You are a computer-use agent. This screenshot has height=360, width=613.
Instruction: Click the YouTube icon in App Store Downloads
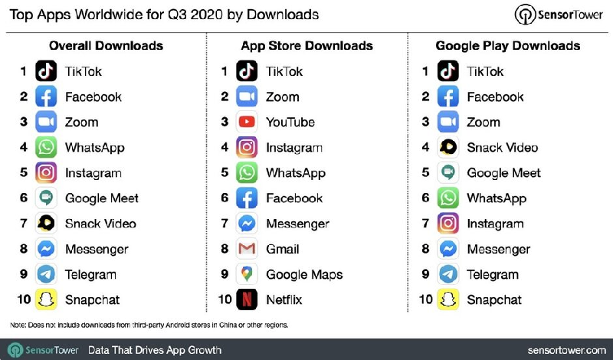(x=247, y=122)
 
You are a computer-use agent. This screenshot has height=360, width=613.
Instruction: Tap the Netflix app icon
(x=247, y=299)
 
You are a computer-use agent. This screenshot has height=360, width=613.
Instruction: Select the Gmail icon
(x=247, y=249)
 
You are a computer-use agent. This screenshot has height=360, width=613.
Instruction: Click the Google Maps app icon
(x=247, y=274)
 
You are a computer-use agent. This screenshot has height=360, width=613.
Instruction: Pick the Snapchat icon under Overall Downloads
(x=46, y=299)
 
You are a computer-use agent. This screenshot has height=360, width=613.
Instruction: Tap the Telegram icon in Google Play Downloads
(x=447, y=274)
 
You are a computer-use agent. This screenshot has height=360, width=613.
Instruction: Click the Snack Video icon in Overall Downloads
(x=46, y=224)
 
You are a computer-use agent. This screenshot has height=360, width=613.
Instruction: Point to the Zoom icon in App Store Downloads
(x=247, y=97)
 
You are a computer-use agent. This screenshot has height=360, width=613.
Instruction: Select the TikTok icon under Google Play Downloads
(x=447, y=71)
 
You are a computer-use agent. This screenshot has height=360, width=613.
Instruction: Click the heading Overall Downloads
(x=106, y=45)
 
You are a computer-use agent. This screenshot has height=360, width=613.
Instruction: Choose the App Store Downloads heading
(x=306, y=45)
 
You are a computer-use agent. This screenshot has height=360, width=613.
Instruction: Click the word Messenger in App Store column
(x=297, y=224)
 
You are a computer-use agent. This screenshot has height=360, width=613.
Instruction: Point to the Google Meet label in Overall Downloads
(x=102, y=198)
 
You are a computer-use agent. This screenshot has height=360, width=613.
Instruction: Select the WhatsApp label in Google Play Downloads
(x=497, y=198)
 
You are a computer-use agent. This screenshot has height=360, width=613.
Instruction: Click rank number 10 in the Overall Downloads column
(x=24, y=299)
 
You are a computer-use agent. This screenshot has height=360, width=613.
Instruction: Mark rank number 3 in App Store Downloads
(x=225, y=122)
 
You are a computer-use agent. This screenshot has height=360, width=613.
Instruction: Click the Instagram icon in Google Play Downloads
(x=447, y=224)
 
